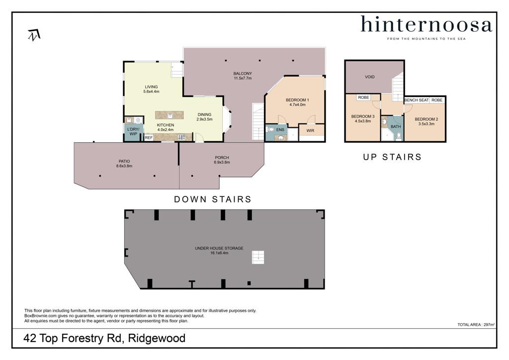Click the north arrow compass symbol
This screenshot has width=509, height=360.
click(x=34, y=35)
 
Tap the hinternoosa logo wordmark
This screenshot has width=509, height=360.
click(x=426, y=24)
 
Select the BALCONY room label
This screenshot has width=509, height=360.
click(x=243, y=76)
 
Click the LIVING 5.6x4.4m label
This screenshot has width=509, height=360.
click(x=151, y=89)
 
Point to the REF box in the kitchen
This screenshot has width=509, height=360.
click(x=149, y=138)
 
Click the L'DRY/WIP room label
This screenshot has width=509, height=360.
click(x=133, y=131)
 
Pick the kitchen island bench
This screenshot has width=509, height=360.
click(x=170, y=115)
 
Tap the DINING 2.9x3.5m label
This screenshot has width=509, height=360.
click(x=204, y=116)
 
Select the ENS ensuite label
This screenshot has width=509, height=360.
click(x=280, y=129)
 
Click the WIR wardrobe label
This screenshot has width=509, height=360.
click(x=310, y=130)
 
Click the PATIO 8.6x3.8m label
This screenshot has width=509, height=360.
click(x=124, y=163)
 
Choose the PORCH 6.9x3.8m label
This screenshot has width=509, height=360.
click(x=222, y=160)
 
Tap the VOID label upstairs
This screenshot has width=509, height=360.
click(x=370, y=77)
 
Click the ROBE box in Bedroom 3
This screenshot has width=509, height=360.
click(x=363, y=97)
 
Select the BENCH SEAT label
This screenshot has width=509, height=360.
click(x=417, y=100)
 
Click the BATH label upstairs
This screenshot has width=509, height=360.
click(x=396, y=127)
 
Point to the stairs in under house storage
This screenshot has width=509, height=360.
click(x=258, y=257)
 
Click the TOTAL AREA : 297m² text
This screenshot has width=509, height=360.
click(x=476, y=325)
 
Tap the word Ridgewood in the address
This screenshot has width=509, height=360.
click(x=157, y=338)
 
